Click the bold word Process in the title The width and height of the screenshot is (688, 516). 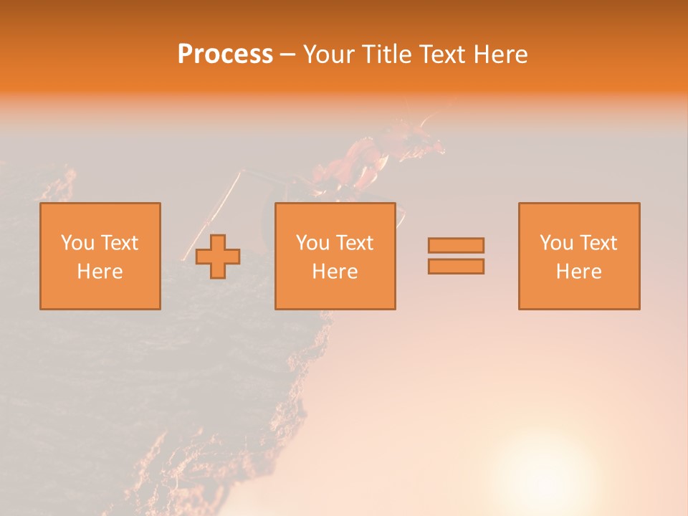[x=225, y=54]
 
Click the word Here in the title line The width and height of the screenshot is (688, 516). [x=500, y=54]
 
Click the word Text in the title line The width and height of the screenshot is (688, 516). [x=440, y=54]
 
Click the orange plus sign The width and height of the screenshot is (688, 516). [x=218, y=257]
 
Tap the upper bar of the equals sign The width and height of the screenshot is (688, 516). [x=456, y=245]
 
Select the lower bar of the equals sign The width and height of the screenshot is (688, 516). [x=456, y=266]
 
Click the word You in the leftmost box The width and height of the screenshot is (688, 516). [x=77, y=243]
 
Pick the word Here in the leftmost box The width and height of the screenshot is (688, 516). [x=100, y=272]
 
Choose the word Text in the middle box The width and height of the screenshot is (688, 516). [x=356, y=243]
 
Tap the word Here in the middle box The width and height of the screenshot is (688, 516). [x=335, y=272]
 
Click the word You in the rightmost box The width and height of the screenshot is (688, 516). [x=556, y=243]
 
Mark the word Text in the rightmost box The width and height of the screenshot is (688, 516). [x=600, y=243]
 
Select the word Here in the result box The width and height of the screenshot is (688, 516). [x=578, y=272]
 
